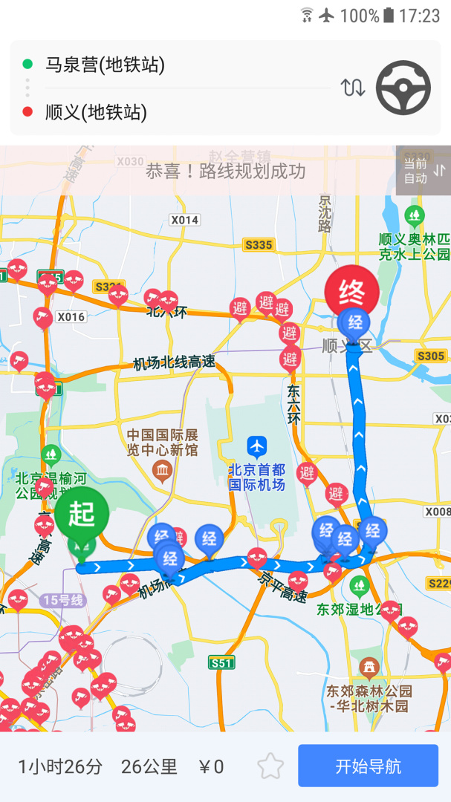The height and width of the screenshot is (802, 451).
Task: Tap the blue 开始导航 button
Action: pos(368,766)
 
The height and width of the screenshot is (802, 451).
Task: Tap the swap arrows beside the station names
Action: pos(353,88)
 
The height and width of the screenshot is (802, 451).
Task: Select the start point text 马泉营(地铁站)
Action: pos(105,65)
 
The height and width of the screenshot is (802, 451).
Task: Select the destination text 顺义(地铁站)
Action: pos(96,112)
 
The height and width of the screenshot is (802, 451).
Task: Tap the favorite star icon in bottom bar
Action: pos(270,766)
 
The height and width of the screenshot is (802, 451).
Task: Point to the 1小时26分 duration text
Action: pos(60,766)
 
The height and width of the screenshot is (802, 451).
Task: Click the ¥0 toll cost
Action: pos(212,766)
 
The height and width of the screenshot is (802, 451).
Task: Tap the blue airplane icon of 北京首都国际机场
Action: pos(257,447)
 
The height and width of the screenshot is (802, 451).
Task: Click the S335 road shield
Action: pos(258,244)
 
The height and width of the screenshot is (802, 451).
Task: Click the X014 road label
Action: pos(184,220)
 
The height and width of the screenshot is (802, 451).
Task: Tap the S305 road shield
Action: pos(430,356)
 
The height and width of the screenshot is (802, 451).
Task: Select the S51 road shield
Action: pos(221,662)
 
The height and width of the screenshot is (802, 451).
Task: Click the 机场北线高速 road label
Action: pos(174,362)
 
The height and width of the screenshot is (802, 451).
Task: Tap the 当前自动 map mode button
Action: pos(423,171)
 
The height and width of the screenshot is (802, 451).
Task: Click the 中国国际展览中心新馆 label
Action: pos(162,442)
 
